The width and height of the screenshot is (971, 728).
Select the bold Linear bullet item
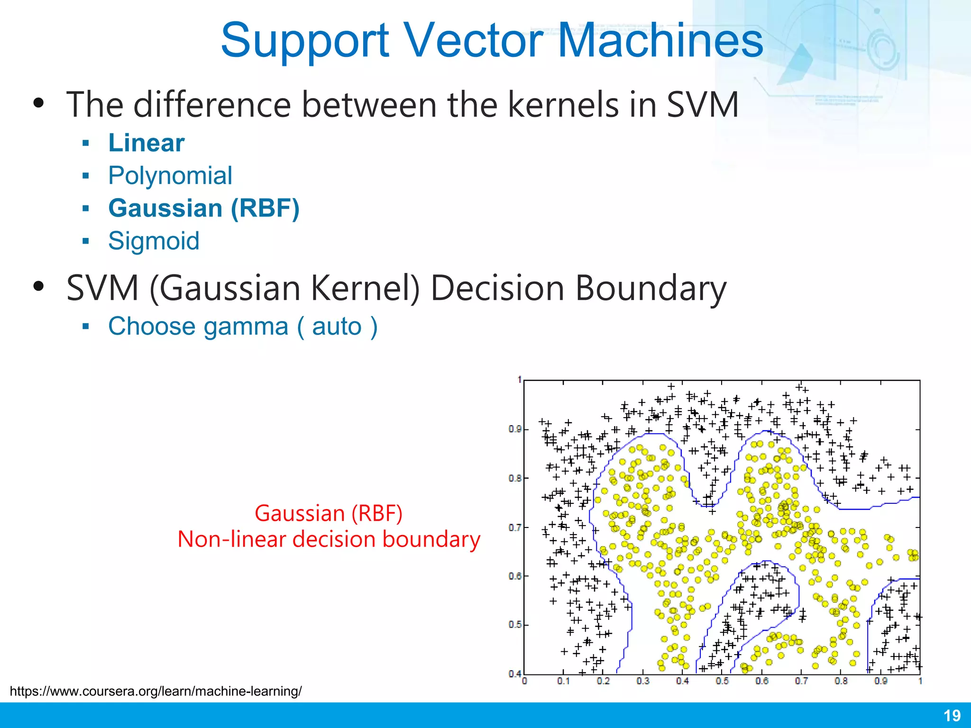(146, 143)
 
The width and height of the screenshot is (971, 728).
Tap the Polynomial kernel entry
(170, 175)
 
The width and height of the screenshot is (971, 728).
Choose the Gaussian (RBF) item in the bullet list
(204, 208)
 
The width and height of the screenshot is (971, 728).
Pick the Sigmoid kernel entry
(154, 241)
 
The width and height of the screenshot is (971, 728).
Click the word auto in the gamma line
(337, 326)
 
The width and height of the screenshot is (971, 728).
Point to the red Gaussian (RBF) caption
(329, 513)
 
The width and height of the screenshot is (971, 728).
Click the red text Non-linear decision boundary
(329, 539)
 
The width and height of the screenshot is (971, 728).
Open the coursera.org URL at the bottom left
(156, 691)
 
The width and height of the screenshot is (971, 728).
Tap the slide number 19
(952, 715)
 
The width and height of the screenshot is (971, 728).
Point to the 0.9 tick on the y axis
(515, 429)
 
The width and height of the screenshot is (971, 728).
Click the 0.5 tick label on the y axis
(515, 625)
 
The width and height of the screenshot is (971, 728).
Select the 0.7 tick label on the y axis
(515, 528)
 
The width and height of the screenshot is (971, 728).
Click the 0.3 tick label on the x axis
(643, 682)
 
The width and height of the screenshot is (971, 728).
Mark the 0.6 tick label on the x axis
(762, 682)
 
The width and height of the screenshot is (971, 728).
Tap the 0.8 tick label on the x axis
(841, 682)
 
